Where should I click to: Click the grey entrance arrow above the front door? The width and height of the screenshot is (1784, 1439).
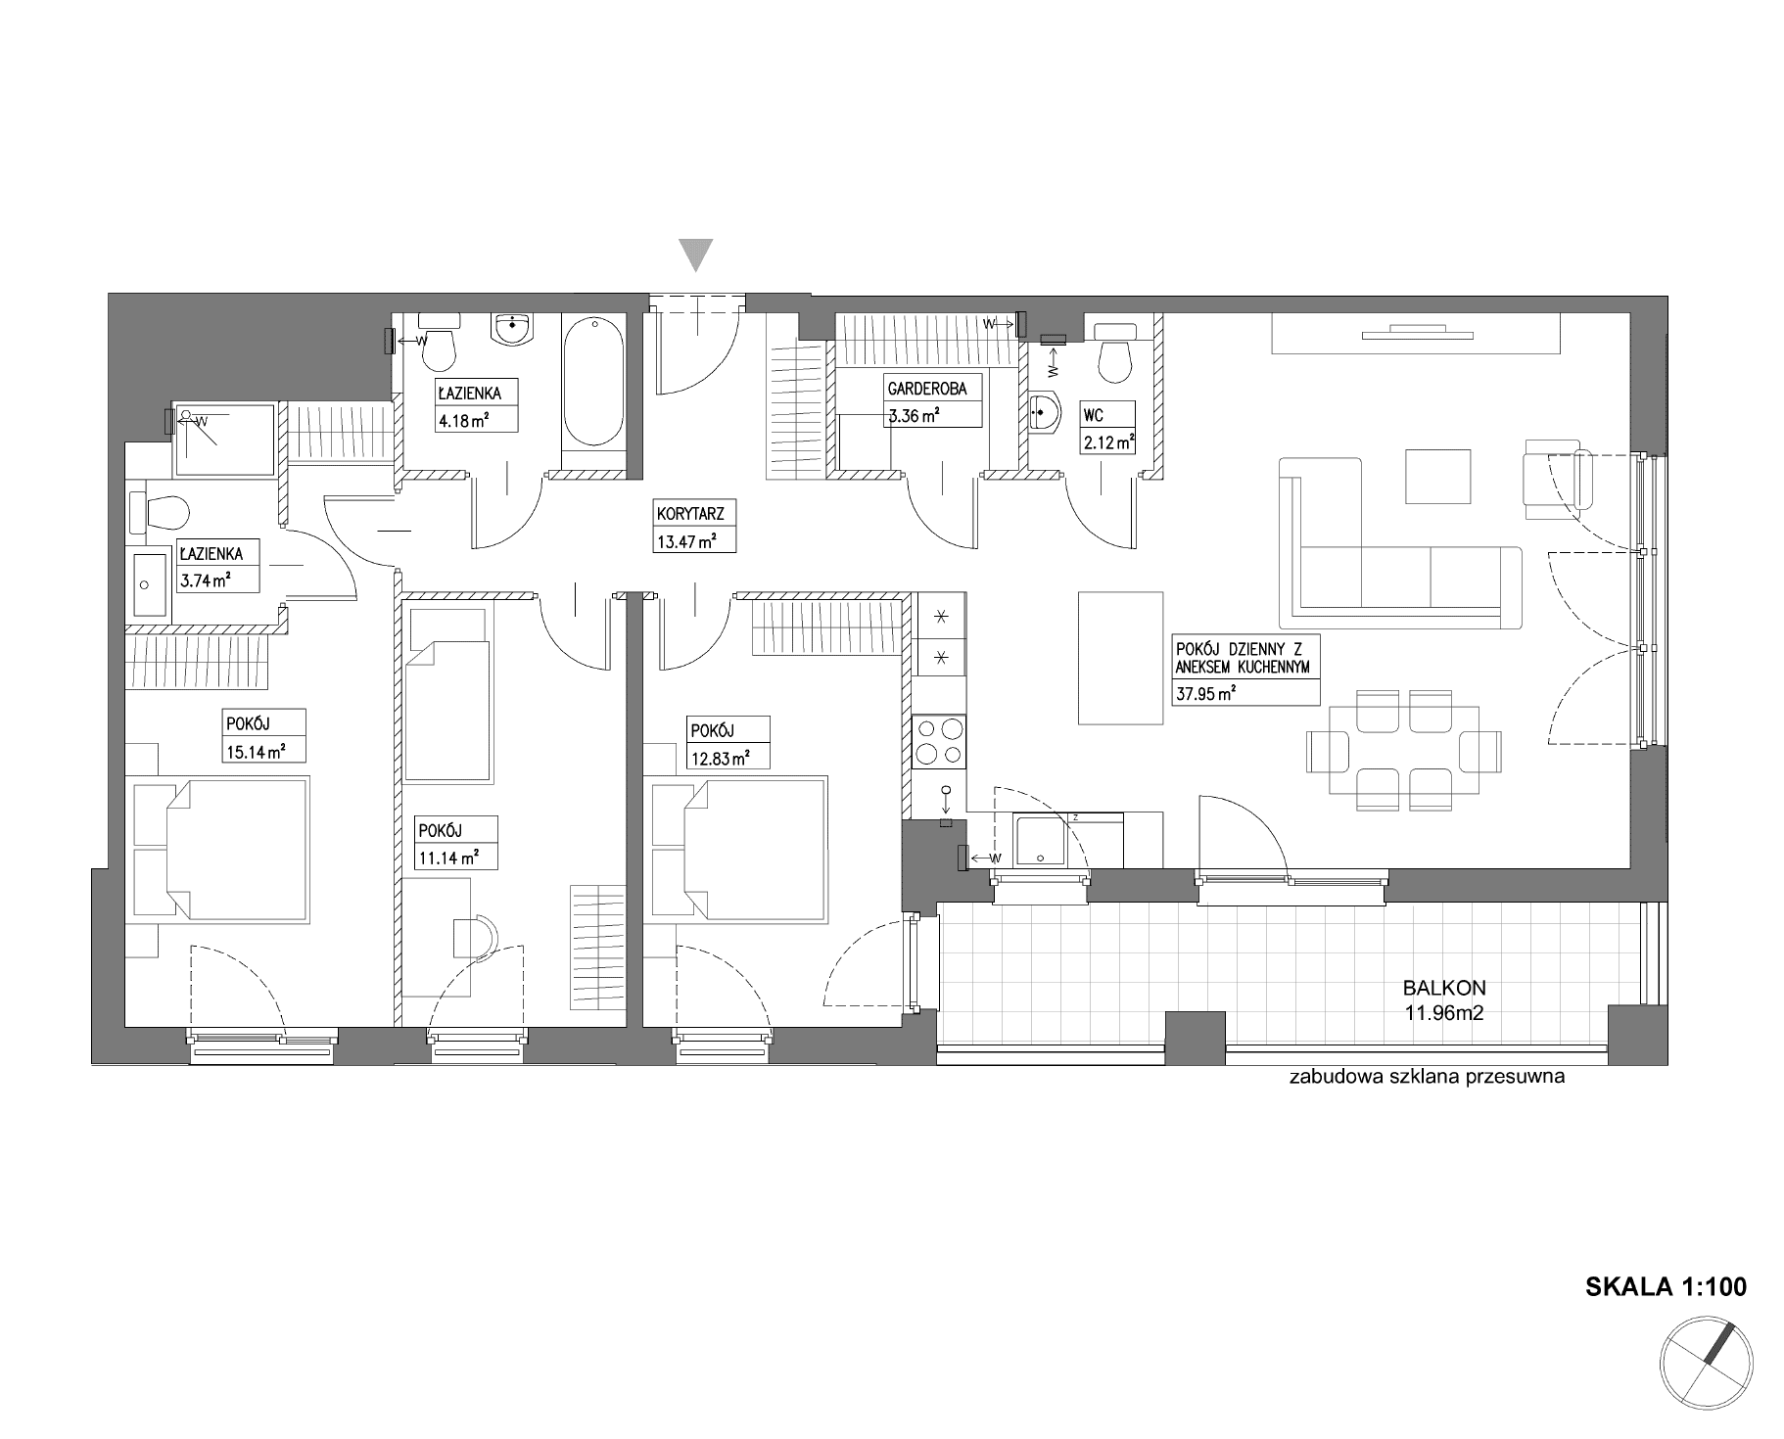(x=696, y=255)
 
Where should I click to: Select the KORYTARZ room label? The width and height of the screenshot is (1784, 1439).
(x=683, y=512)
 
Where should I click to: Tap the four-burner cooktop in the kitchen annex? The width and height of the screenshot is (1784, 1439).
(x=939, y=740)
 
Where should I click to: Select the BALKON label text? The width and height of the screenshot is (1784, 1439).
(x=1444, y=990)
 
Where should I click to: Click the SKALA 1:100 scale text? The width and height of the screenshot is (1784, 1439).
(x=1666, y=1286)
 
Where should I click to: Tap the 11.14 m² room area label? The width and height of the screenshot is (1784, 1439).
(x=447, y=859)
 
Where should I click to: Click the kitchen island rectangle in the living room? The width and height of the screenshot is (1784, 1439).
(x=1120, y=657)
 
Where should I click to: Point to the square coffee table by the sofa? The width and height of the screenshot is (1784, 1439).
(x=1438, y=477)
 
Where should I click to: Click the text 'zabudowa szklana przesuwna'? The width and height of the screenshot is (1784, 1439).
(x=1428, y=1078)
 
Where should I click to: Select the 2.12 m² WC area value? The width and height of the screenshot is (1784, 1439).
(x=1108, y=443)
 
